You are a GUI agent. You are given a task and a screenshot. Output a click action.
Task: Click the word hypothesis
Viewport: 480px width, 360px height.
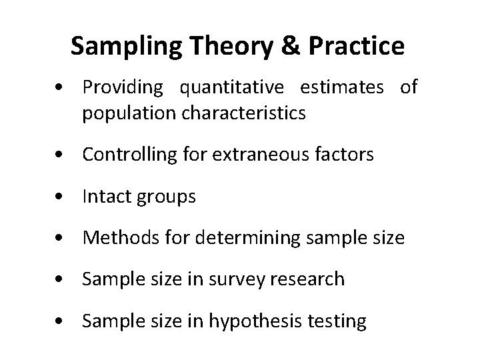(250, 321)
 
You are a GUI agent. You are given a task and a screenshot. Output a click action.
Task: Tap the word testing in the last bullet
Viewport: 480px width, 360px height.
(337, 321)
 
